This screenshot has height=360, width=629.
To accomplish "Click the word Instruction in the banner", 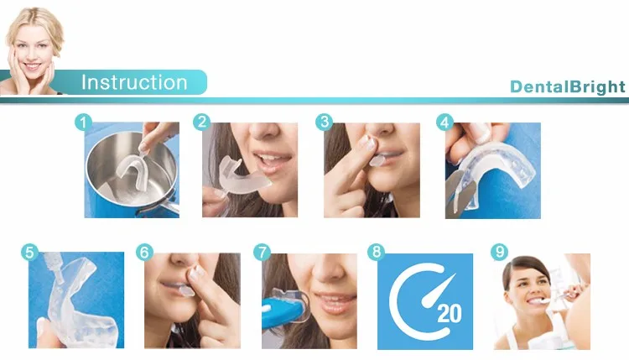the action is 134,82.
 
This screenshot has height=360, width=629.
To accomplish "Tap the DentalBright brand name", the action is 567,86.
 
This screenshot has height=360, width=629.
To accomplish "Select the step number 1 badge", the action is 83,122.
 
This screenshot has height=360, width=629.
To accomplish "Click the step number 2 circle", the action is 202,122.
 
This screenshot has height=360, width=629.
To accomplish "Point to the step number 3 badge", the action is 324,122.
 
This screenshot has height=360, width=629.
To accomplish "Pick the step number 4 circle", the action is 444,122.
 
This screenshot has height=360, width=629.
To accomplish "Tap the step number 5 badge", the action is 29,253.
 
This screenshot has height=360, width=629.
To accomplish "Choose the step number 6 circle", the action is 144,253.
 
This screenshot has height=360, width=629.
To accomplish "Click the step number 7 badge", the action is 262,253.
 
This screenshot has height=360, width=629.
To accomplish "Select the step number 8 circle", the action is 377,252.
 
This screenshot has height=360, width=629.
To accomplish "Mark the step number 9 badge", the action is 500,252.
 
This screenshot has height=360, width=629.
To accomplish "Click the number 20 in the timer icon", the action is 450,314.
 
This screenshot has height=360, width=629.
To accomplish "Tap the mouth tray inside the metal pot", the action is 132,174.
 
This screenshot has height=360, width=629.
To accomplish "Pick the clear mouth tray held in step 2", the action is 242,177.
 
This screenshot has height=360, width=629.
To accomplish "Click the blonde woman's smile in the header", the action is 31,65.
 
